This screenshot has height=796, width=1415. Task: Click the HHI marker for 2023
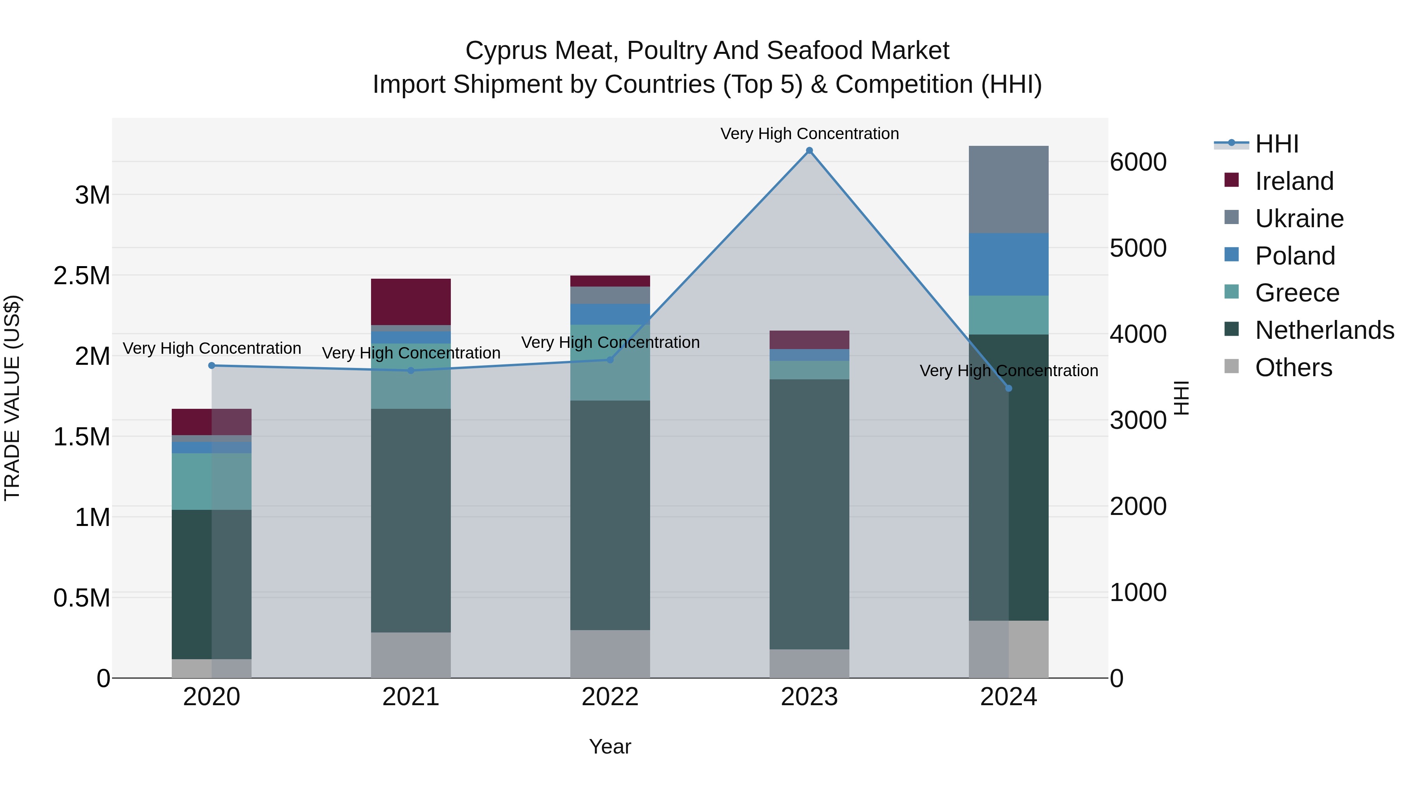(x=809, y=151)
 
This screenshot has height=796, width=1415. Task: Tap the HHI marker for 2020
(x=211, y=365)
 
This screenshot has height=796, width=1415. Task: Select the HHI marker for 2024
(x=1009, y=388)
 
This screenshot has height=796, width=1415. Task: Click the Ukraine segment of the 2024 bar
(x=1009, y=189)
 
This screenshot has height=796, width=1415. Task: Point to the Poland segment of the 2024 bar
(x=1009, y=264)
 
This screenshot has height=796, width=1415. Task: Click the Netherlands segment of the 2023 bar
(x=809, y=514)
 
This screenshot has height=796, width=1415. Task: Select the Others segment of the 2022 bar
(x=610, y=654)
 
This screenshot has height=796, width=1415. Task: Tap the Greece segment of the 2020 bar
(x=211, y=481)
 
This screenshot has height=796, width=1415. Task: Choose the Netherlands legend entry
(x=1324, y=330)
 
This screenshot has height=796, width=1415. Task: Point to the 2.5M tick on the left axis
(x=82, y=276)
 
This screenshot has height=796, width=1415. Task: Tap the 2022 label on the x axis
(x=610, y=697)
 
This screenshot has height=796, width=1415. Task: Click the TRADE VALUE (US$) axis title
(x=12, y=398)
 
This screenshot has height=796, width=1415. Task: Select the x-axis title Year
(x=610, y=746)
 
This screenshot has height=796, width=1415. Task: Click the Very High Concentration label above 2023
(x=809, y=134)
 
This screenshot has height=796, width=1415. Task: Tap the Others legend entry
(x=1294, y=368)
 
